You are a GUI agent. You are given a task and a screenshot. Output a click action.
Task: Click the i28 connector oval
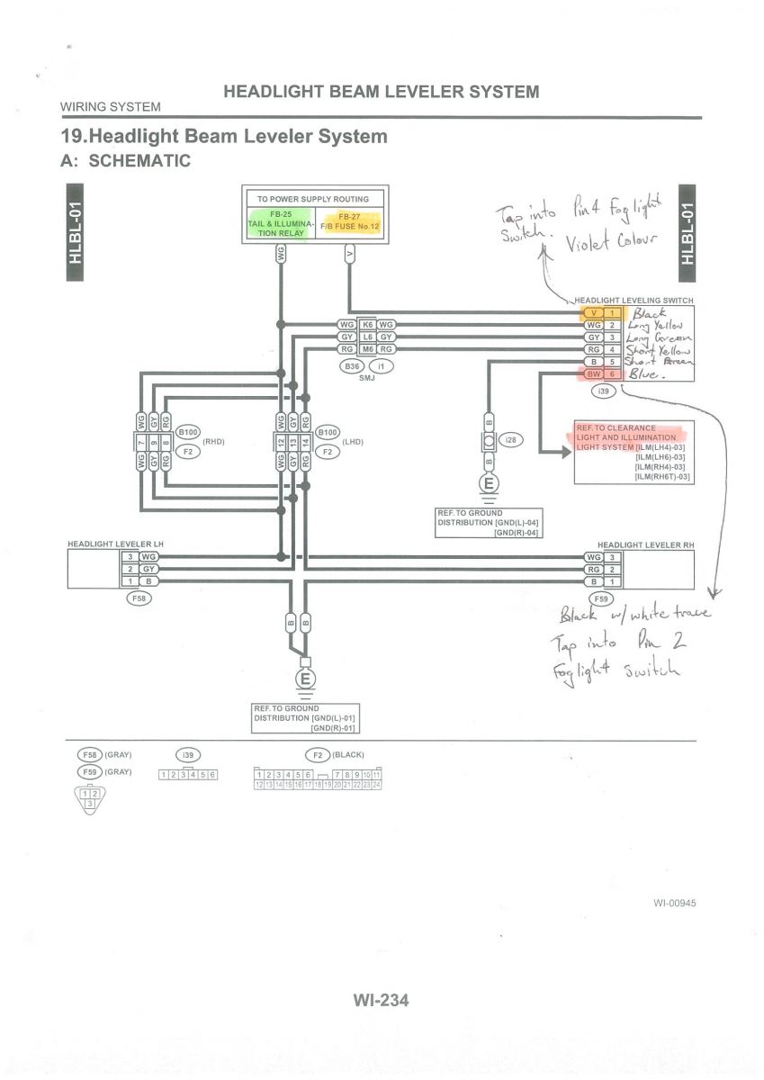[511, 440]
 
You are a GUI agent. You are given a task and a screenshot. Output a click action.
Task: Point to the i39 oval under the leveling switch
[603, 391]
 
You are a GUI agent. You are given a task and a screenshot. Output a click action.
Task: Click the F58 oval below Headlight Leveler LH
[139, 597]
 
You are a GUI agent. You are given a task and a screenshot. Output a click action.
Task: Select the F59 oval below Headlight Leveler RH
[600, 598]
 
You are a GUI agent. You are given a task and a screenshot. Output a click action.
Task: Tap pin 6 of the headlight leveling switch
[613, 373]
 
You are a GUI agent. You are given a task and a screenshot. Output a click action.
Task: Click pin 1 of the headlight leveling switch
[613, 312]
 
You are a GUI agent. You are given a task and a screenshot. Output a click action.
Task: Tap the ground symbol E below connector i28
[490, 484]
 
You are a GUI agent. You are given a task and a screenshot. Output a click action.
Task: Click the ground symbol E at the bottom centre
[306, 678]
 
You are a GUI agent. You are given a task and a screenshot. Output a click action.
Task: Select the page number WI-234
[382, 999]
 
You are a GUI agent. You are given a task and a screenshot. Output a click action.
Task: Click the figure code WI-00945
[675, 903]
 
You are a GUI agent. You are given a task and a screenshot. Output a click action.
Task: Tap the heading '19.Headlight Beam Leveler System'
[223, 137]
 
